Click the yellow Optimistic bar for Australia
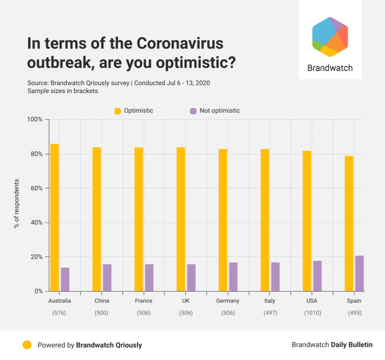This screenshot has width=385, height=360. [x=55, y=218]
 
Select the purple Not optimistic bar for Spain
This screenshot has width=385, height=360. [x=359, y=273]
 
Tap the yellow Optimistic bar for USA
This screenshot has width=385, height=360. [x=307, y=221]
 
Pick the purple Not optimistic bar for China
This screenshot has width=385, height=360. [x=107, y=277]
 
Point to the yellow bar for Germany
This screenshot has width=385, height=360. [x=223, y=220]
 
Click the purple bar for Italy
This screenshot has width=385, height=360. [x=275, y=277]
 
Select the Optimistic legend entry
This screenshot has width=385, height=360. [x=134, y=111]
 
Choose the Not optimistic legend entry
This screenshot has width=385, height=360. [x=215, y=111]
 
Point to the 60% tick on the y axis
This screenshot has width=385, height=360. [x=36, y=188]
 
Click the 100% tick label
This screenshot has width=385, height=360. [x=35, y=119]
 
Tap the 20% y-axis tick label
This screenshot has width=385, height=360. [x=36, y=257]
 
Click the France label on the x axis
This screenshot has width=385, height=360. [x=143, y=301]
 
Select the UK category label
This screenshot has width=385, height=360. [x=186, y=301]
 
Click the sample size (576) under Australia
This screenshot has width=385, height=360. [x=60, y=313]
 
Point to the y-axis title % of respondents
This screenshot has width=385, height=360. [x=17, y=204]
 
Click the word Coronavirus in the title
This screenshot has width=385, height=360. [x=180, y=44]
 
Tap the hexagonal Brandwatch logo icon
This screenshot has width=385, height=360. [x=330, y=37]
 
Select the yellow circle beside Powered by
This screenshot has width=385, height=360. [x=27, y=345]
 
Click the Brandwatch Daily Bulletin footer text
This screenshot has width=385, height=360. [x=332, y=345]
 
